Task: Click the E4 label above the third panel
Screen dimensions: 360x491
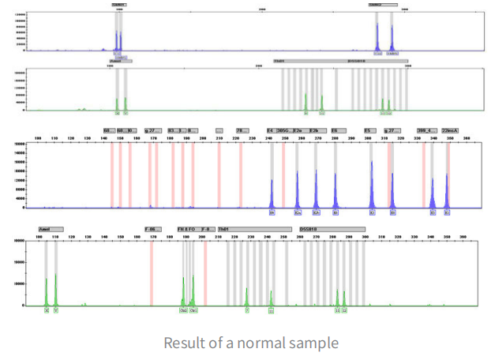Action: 270,130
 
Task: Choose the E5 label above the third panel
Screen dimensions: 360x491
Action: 368,130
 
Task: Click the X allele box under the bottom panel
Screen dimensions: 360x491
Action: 47,311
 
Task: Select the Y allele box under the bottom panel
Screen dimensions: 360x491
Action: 56,311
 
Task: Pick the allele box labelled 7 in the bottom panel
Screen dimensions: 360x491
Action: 246,311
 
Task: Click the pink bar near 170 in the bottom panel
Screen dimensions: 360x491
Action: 151,272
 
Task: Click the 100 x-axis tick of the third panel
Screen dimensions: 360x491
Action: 37,139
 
